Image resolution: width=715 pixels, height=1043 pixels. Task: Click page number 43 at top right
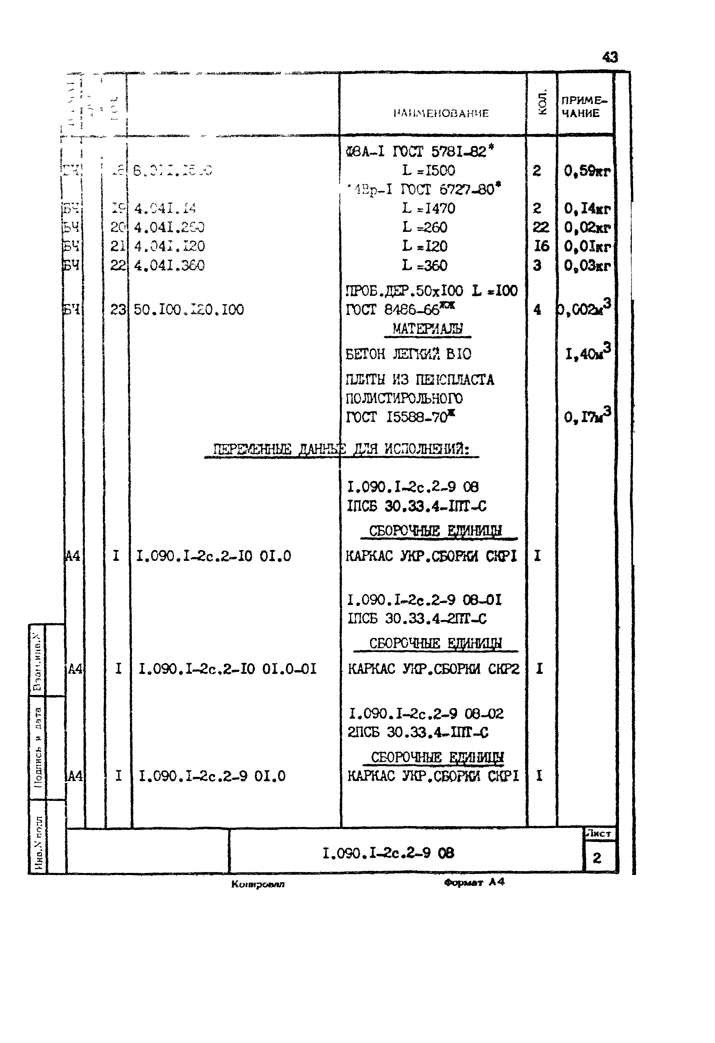pos(610,57)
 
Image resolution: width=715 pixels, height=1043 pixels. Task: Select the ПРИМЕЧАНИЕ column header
pos(584,107)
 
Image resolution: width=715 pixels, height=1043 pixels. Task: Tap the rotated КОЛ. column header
pos(542,103)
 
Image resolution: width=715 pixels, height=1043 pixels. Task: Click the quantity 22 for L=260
pos(540,227)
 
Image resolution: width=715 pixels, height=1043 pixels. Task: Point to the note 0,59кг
pos(587,171)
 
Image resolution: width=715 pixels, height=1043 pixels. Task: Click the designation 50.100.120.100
pos(189,310)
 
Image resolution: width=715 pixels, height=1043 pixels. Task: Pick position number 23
pos(118,310)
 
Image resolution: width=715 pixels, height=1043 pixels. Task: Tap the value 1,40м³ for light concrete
pos(588,353)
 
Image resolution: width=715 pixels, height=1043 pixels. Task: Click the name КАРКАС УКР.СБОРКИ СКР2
pos(433,669)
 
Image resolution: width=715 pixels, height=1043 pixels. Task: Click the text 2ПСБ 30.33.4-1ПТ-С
pos(418,732)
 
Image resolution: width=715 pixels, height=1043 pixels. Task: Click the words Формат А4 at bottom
pos(474,882)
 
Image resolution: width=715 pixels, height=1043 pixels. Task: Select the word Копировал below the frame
pos(258,884)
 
